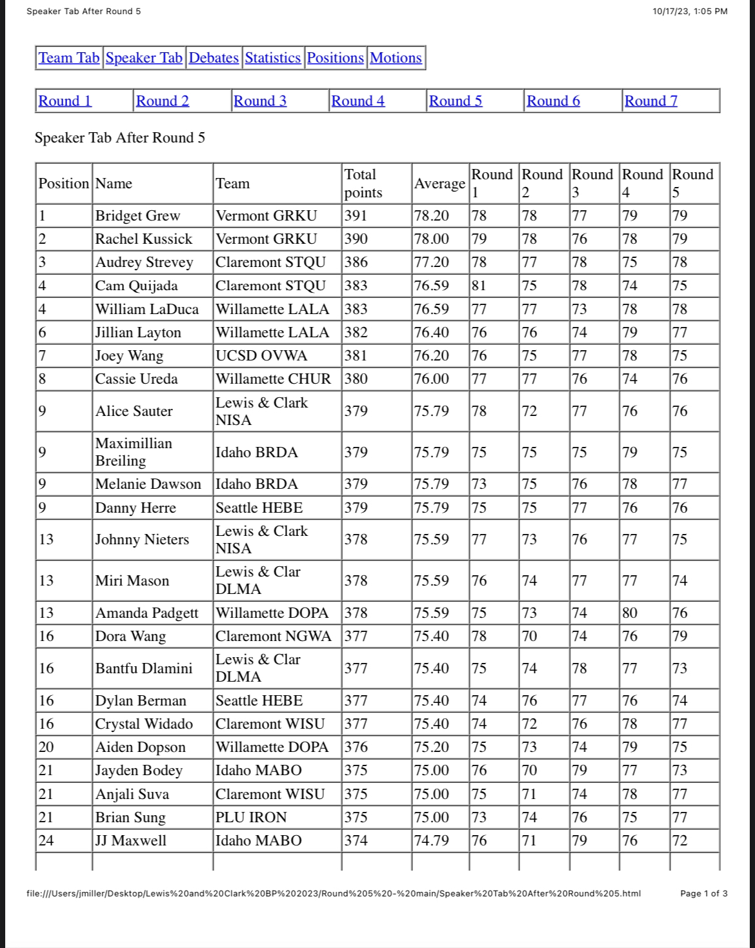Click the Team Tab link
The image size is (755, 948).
(x=69, y=58)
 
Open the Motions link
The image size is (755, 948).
(x=396, y=58)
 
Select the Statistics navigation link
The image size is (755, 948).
(x=272, y=58)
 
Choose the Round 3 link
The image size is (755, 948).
(x=259, y=101)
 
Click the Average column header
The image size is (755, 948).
(x=439, y=184)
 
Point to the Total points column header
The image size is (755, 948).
(x=363, y=183)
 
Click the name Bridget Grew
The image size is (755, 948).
(x=137, y=216)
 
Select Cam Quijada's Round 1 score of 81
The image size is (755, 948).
(x=479, y=286)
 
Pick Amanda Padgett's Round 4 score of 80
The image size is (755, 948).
(x=629, y=613)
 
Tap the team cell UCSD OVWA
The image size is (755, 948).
(x=261, y=356)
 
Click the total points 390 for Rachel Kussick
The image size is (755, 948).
(x=356, y=239)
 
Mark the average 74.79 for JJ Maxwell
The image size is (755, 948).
(x=431, y=841)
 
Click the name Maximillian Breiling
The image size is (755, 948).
(x=134, y=452)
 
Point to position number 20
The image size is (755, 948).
(x=46, y=747)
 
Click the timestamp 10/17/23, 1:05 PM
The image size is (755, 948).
(x=690, y=11)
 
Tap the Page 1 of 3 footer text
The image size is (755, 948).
(x=703, y=893)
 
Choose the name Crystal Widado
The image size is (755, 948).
(x=144, y=724)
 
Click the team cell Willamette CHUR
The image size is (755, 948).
(x=273, y=379)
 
